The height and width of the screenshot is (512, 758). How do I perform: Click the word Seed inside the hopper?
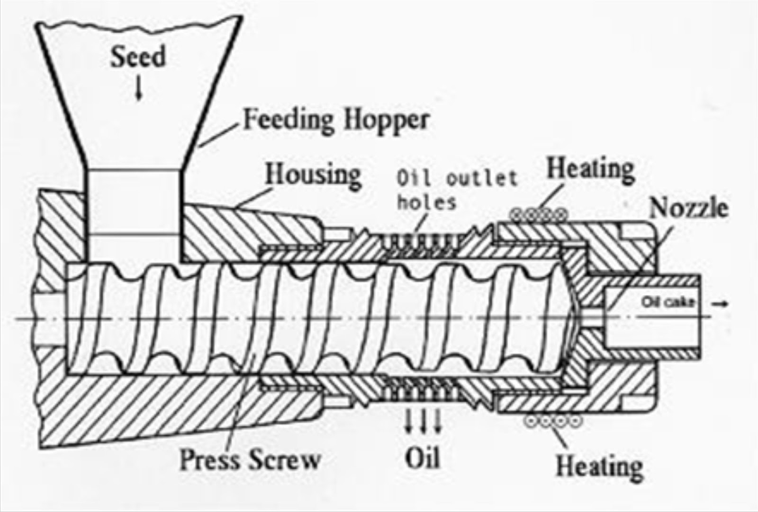coord(138,57)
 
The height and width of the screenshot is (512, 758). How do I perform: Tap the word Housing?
coord(313,174)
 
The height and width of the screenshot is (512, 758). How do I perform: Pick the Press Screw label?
coord(250,459)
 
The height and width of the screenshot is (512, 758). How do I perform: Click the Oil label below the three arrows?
coord(423,457)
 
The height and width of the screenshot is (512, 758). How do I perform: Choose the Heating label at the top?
coord(590,169)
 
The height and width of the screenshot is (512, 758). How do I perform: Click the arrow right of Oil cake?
coord(721,304)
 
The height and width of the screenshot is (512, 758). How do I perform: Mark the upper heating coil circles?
coord(539,215)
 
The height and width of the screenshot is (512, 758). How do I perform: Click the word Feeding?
coord(289,119)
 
